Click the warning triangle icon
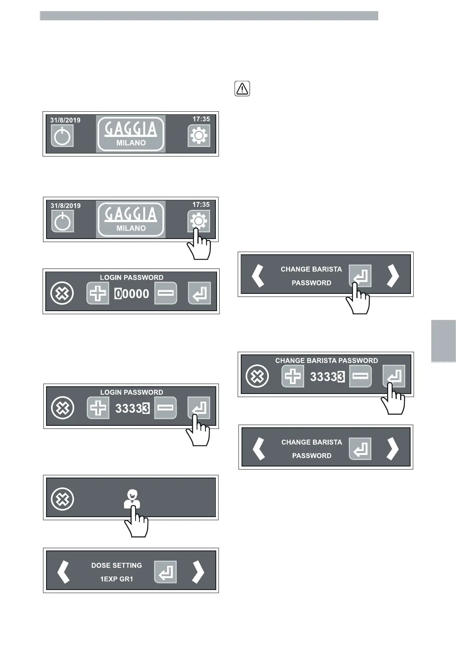[242, 89]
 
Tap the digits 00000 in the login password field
[132, 294]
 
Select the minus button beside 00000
[166, 293]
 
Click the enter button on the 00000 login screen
[199, 293]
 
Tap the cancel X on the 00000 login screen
[62, 293]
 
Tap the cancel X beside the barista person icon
[63, 499]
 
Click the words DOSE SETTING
[116, 565]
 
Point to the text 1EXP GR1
[116, 579]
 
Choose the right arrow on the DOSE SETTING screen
[198, 572]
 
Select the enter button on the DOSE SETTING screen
[166, 572]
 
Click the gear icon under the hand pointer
[199, 221]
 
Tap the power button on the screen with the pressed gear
[63, 221]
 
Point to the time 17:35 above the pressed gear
[201, 204]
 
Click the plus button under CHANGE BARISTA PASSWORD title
[293, 376]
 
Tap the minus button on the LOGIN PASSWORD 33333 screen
[165, 408]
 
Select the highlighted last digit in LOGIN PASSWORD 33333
[146, 409]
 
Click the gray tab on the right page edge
[443, 341]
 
